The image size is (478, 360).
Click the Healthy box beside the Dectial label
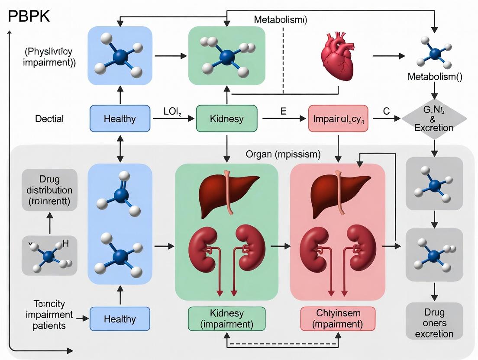coord(120,118)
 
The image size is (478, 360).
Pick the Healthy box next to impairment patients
coord(120,319)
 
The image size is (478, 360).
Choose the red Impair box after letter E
coord(338,118)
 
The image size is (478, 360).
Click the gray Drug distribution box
coord(49,190)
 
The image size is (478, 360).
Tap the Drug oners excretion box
coord(434,323)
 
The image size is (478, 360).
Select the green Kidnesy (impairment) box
coord(226,318)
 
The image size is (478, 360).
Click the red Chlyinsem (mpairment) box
coord(339,318)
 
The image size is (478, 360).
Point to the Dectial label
coord(50,119)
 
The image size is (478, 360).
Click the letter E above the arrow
coord(284,111)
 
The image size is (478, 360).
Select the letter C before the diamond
coord(387,111)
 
